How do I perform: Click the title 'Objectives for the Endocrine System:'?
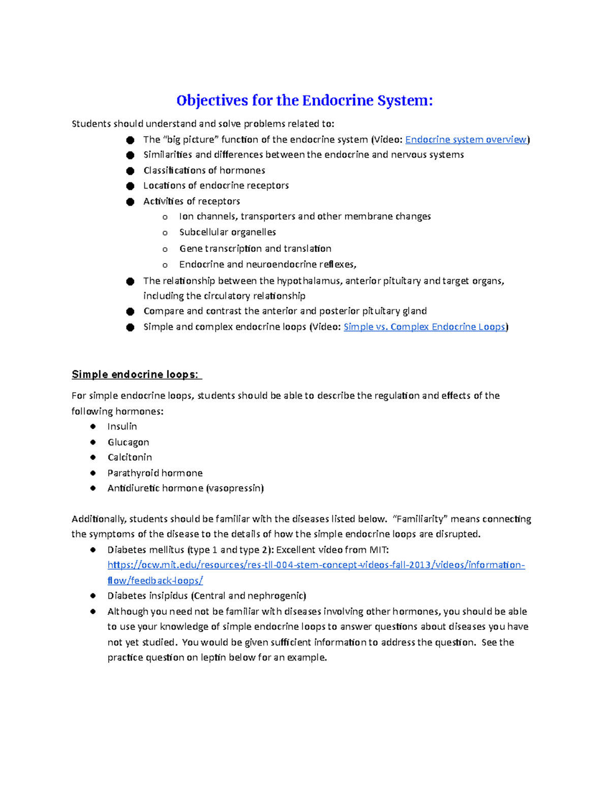tap(304, 101)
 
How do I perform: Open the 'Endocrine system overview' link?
tap(466, 140)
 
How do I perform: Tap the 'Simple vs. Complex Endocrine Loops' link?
tap(424, 327)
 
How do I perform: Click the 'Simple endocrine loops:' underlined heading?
tap(136, 375)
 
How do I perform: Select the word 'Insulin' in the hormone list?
tap(122, 427)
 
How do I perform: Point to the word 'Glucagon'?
tap(128, 443)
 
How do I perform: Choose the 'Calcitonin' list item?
tap(130, 457)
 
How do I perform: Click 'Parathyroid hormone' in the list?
tap(155, 473)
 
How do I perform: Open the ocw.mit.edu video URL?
tap(316, 565)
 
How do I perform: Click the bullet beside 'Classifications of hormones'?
tap(130, 171)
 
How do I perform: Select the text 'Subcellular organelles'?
tap(227, 232)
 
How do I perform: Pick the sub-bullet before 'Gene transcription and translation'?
tap(165, 249)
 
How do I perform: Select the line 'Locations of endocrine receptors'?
tap(216, 185)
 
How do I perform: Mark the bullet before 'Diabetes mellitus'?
tap(93, 550)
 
